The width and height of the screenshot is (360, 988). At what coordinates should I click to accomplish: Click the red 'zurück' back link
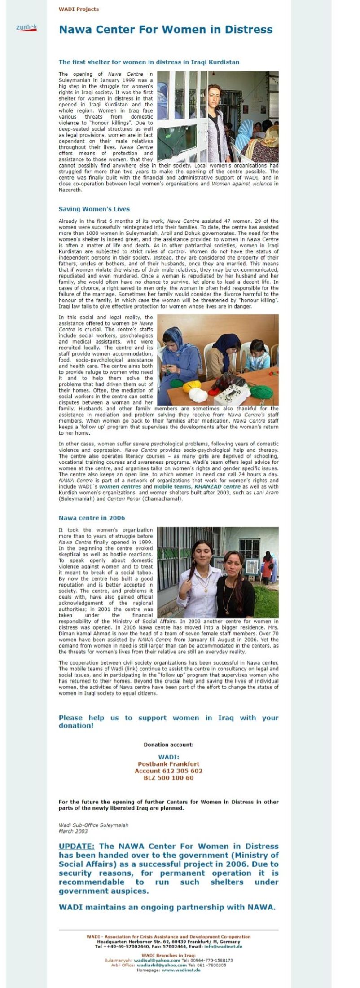26,28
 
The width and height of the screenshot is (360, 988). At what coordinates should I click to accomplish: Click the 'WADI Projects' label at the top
79,9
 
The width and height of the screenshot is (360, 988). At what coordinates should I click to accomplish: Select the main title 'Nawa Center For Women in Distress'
166,30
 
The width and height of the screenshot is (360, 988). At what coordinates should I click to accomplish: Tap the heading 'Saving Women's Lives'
94,209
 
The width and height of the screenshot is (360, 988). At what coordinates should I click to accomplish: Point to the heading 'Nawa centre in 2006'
92,518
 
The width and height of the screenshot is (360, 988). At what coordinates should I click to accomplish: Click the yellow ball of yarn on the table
192,385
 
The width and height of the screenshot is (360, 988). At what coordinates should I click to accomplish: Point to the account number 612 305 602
169,771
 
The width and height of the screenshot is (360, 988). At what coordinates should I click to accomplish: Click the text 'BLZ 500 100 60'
169,778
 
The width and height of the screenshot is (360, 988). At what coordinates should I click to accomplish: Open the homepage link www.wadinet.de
181,970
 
